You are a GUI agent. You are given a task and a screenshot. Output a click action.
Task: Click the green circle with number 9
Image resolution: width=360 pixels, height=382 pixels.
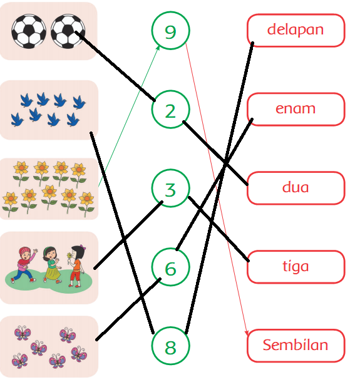(x=170, y=12)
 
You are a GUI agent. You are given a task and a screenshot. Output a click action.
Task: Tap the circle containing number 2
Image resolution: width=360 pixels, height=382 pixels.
(x=170, y=91)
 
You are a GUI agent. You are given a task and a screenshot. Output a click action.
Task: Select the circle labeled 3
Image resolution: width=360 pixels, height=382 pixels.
(x=170, y=170)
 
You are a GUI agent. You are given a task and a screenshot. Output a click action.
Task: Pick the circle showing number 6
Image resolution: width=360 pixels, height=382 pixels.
(x=170, y=248)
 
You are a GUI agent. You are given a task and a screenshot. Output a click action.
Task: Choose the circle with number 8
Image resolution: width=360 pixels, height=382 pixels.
(x=170, y=327)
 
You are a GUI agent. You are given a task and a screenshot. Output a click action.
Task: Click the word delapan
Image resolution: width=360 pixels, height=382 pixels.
(x=296, y=29)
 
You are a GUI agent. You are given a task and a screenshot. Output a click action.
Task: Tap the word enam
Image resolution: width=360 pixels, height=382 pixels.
(x=296, y=109)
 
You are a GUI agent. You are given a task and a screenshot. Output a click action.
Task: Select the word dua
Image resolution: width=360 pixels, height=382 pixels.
(x=296, y=187)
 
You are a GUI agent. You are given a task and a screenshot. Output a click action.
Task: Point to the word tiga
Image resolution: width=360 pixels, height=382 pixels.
(x=296, y=266)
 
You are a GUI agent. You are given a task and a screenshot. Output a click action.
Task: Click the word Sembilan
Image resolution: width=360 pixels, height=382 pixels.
(x=296, y=345)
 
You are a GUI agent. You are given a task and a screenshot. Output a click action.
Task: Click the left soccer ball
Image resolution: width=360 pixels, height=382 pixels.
(x=29, y=31)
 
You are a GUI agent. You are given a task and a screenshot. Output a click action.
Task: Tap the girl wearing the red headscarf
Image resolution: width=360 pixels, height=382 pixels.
(x=25, y=265)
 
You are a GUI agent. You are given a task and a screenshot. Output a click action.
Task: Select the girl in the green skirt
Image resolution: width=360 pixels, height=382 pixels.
(x=52, y=265)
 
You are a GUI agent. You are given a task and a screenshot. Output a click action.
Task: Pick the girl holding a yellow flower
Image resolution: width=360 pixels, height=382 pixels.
(x=76, y=266)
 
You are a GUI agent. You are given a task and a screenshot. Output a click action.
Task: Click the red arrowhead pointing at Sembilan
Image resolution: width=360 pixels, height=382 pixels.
(x=247, y=333)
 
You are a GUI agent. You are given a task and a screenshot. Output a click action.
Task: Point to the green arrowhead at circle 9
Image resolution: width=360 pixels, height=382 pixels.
(x=158, y=47)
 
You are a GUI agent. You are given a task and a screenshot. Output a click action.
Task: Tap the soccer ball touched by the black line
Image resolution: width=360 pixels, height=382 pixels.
(x=68, y=31)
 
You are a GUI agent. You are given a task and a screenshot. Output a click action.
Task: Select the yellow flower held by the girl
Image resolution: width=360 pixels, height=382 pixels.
(x=69, y=256)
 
